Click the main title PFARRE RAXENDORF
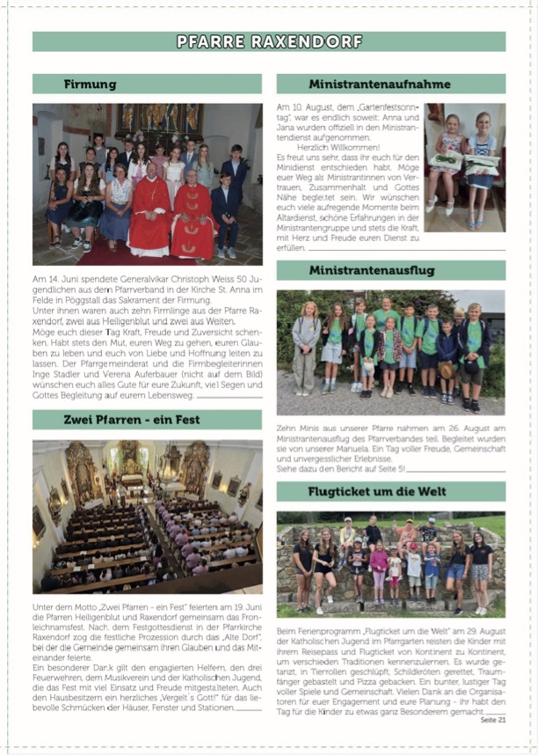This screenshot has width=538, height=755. tap(269, 41)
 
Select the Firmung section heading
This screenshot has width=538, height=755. tap(90, 84)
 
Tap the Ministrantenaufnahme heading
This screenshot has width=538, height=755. tap(390, 84)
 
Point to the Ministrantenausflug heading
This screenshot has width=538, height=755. tap(390, 271)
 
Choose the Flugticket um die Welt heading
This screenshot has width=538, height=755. tap(390, 492)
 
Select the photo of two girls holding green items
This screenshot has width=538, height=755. tap(464, 167)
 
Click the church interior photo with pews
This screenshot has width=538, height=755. tap(147, 516)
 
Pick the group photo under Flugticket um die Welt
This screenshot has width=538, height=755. tap(390, 563)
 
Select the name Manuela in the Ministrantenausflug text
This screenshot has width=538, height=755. tap(361, 447)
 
